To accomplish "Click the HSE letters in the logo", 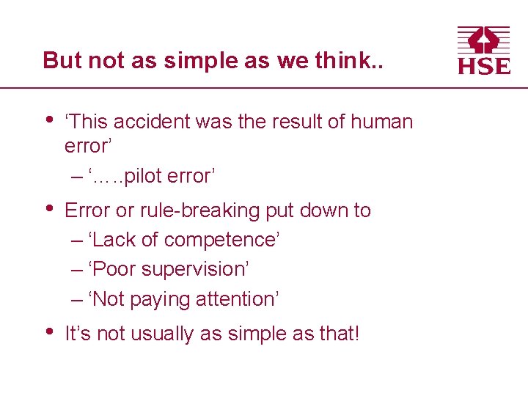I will (484, 65).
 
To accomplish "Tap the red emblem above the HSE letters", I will (484, 40).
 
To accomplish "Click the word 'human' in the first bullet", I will (382, 122).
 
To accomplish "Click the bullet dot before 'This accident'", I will (48, 120).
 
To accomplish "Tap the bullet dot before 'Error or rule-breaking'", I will (48, 208).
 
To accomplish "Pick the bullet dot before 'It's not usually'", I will (48, 332).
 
